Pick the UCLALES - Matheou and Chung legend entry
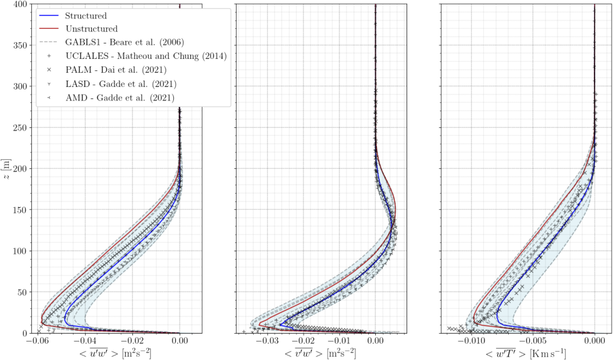click(146, 56)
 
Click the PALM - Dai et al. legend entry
click(121, 70)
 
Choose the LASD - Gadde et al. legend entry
click(121, 84)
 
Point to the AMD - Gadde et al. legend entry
click(120, 97)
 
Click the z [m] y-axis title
click(6, 168)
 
